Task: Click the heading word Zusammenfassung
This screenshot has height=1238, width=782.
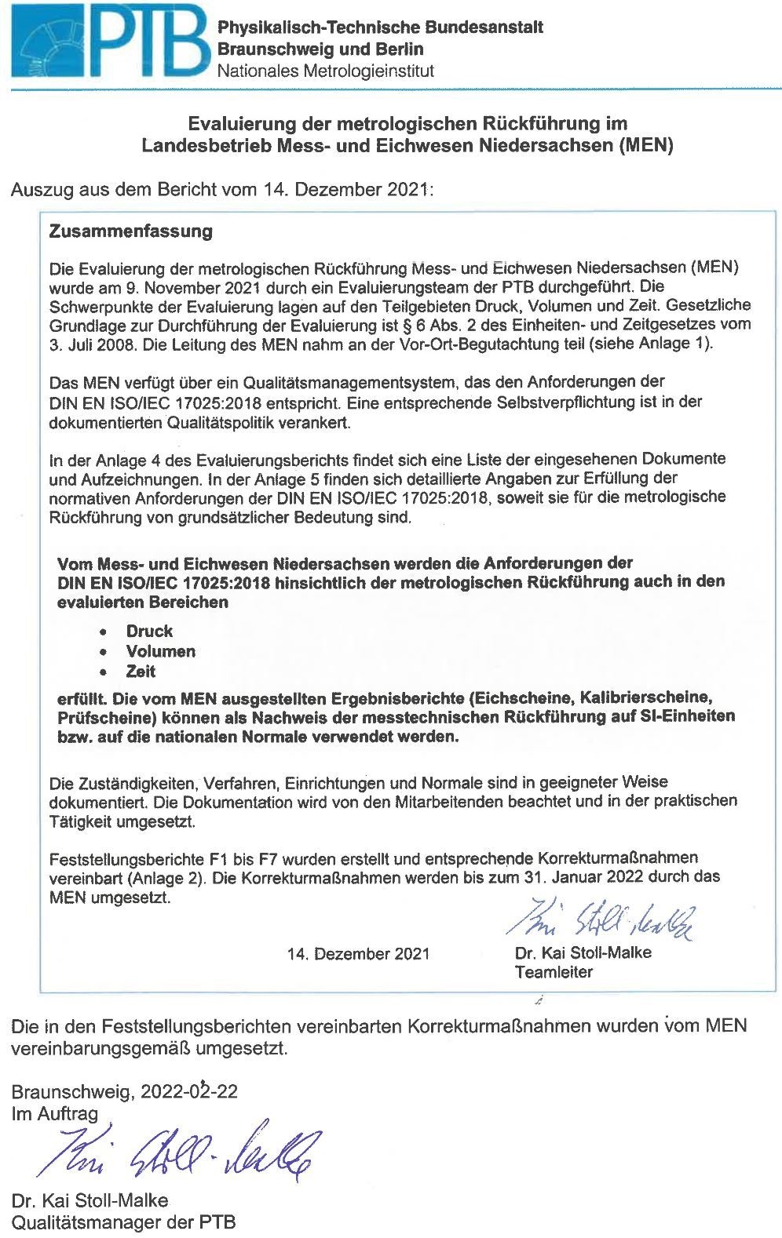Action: (x=130, y=231)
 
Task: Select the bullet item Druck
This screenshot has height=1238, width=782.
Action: (x=149, y=631)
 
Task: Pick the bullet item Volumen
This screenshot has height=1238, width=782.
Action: (x=160, y=651)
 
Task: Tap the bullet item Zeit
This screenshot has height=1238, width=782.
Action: (x=141, y=672)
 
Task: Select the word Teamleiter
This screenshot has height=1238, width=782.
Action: (x=554, y=972)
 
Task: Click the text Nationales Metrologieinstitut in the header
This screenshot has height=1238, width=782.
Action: (x=325, y=71)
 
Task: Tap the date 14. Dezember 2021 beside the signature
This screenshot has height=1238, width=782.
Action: (x=359, y=953)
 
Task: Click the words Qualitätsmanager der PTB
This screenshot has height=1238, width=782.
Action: (x=123, y=1222)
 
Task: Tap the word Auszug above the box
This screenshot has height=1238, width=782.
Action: (x=40, y=190)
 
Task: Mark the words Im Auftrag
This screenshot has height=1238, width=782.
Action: (x=55, y=1113)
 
